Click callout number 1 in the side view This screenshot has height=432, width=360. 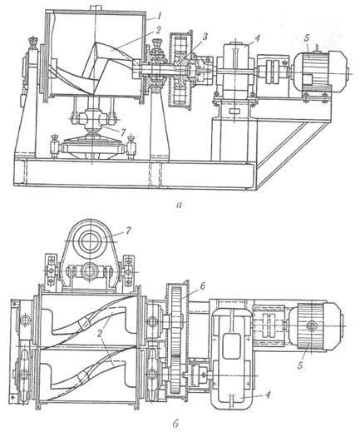pos(159,17)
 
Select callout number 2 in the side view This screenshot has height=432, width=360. pos(158,31)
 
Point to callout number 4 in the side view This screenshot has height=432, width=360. pos(257,38)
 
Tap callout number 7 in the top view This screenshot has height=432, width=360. pos(128,231)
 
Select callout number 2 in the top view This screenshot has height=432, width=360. pos(99,334)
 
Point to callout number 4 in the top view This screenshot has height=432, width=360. pos(268,395)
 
